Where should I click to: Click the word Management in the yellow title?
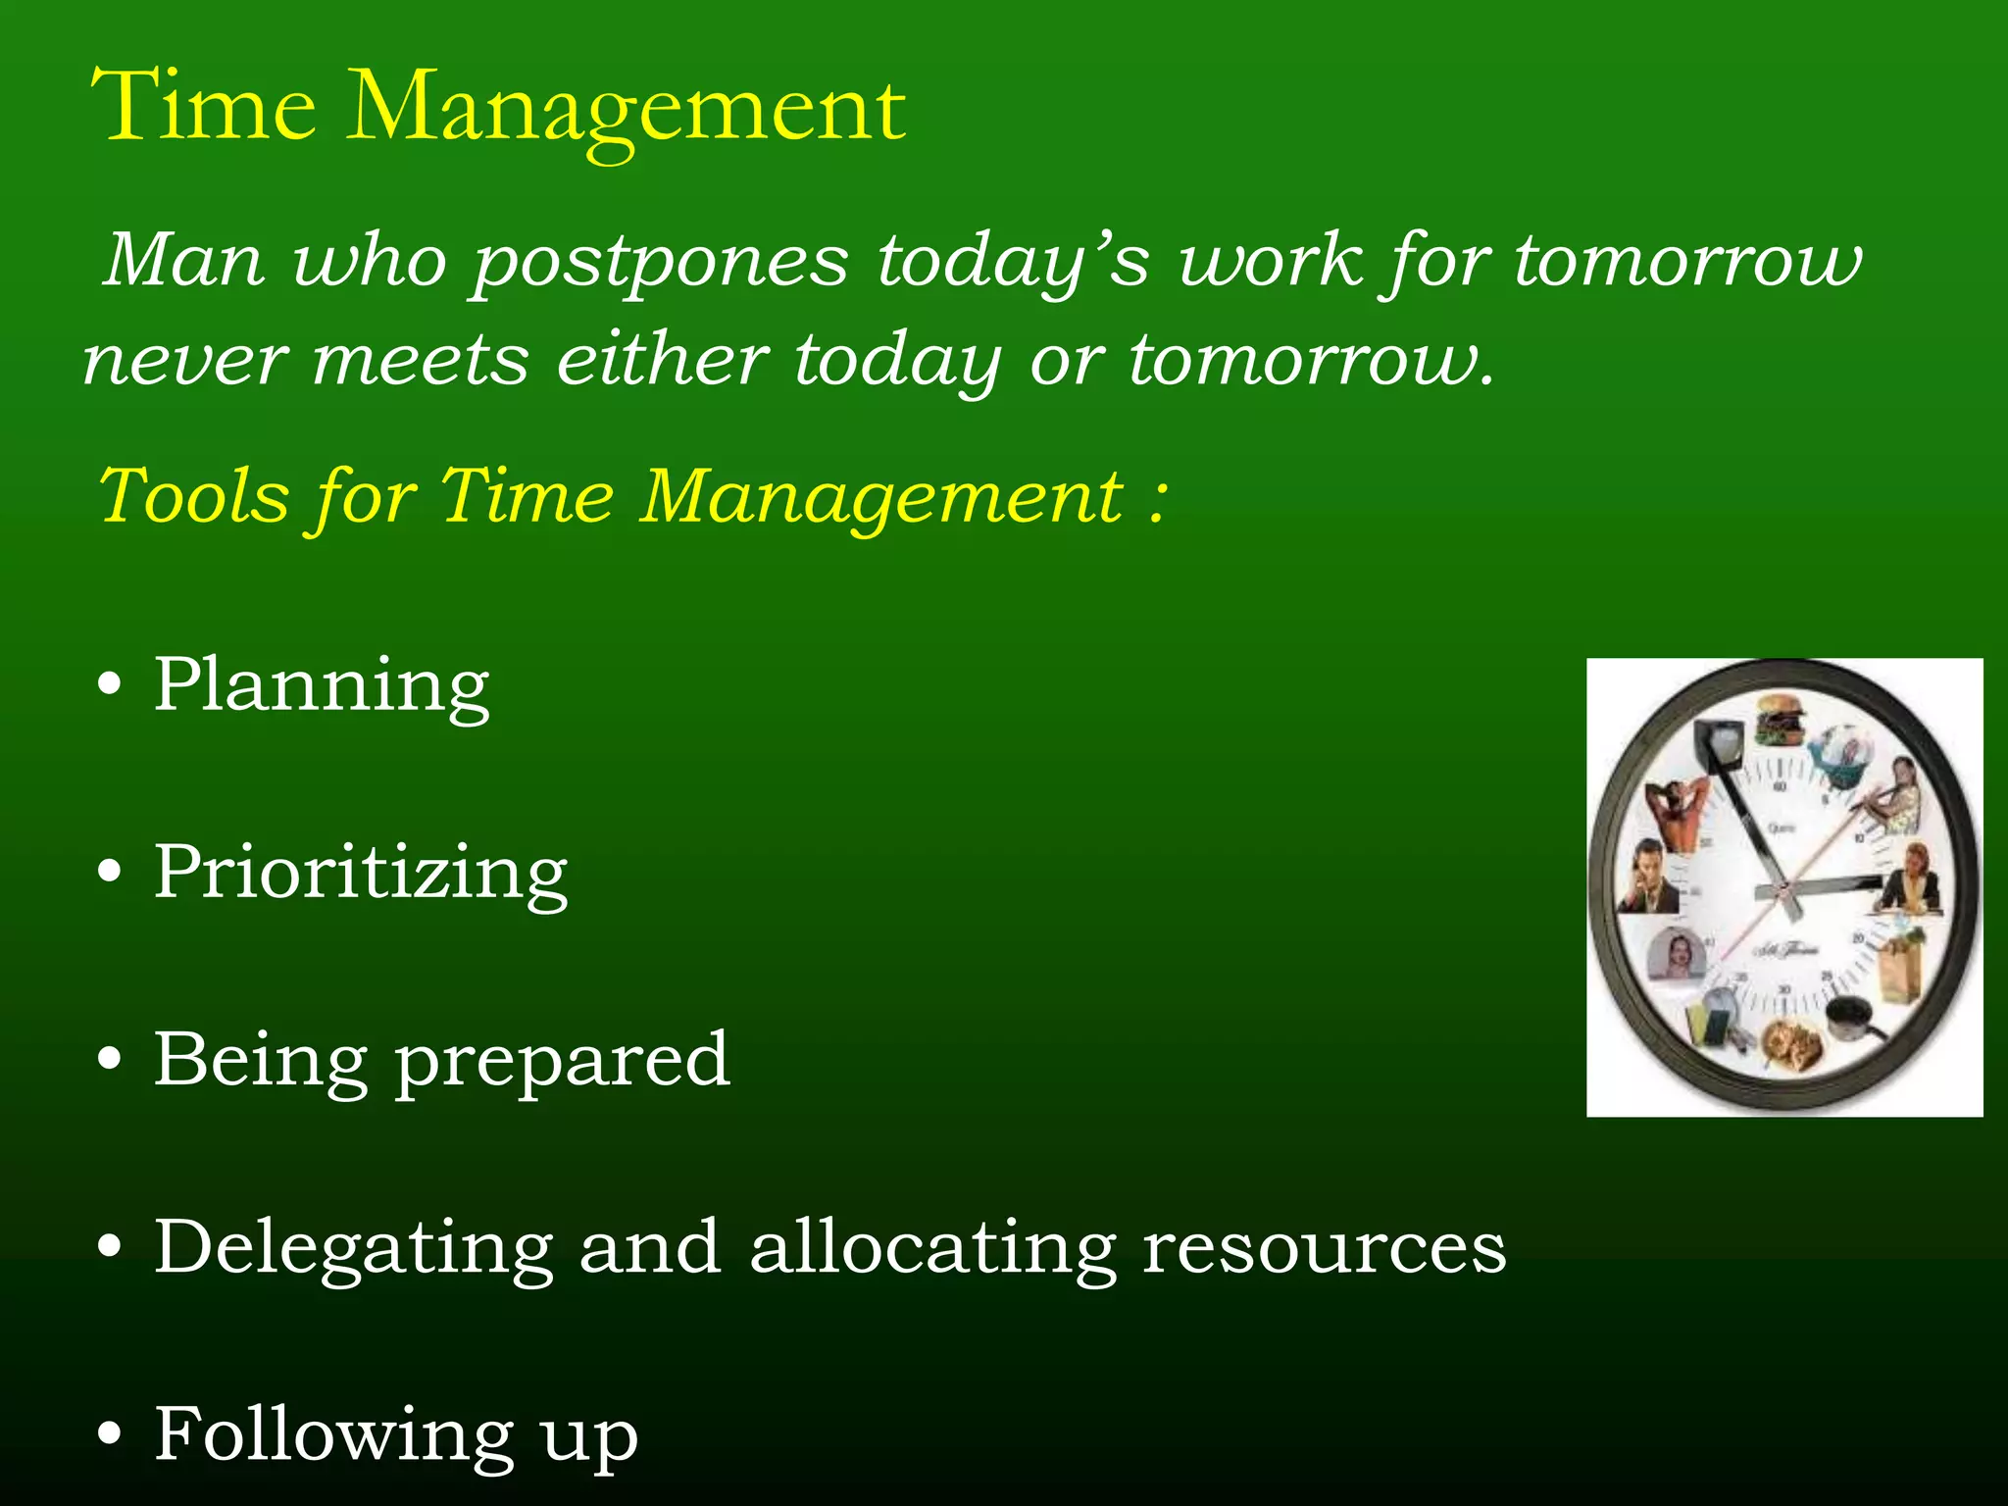pyautogui.click(x=627, y=110)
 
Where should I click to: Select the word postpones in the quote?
pyautogui.click(x=660, y=264)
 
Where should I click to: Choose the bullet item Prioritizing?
pyautogui.click(x=361, y=873)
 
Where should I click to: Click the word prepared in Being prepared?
pyautogui.click(x=563, y=1061)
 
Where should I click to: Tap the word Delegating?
pyautogui.click(x=354, y=1248)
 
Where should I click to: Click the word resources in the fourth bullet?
pyautogui.click(x=1324, y=1248)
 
